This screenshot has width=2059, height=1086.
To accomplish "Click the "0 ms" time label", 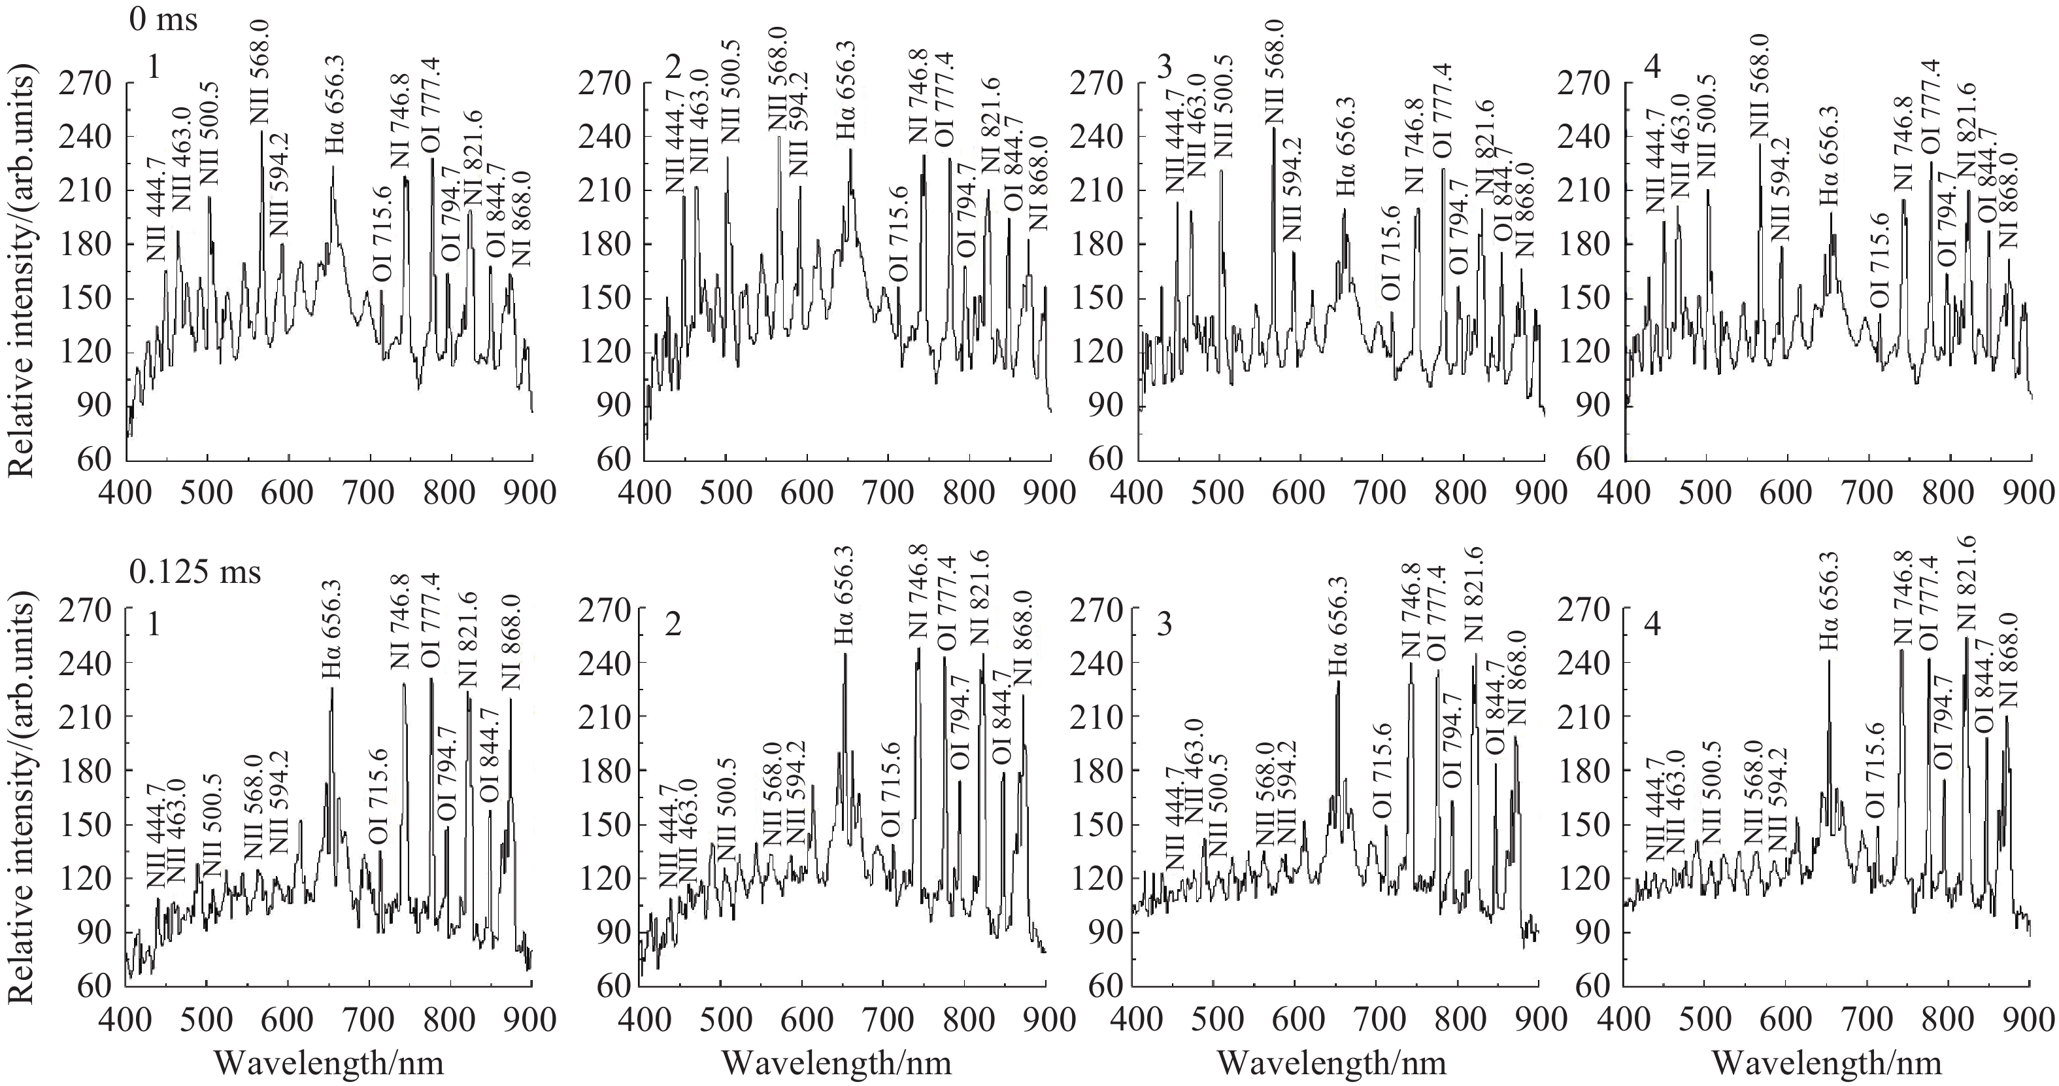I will coord(162,19).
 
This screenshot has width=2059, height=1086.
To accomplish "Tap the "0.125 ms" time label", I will coord(195,572).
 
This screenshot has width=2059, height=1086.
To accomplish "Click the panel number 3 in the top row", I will coord(1165,69).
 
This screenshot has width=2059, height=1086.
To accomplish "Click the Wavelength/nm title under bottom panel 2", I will coord(836,1063).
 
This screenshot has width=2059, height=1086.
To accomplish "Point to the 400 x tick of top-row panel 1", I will coord(126,491).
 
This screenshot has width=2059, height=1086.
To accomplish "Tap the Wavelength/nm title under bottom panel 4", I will coord(1826,1063).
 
